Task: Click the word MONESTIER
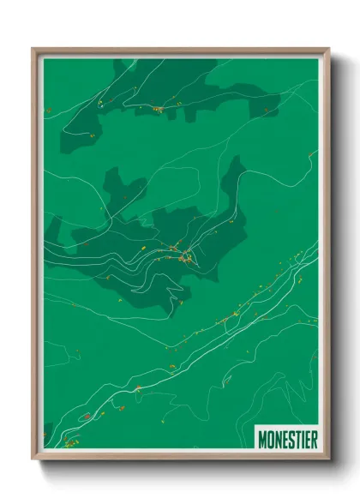coord(288,439)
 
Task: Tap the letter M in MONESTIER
coord(263,439)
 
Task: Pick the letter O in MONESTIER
coord(271,439)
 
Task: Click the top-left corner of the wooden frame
coord(33,49)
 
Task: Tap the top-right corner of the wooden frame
coord(328,49)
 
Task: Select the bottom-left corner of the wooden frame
coord(33,459)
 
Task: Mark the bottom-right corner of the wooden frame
coord(328,459)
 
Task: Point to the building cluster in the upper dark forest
coord(158,109)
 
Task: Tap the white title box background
coord(287,429)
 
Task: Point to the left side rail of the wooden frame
coord(36,257)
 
